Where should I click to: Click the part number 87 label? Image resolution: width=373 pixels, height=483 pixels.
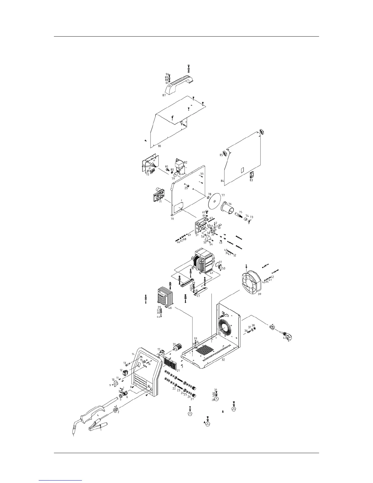[164, 95]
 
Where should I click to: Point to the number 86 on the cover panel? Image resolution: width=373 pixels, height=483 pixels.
[160, 146]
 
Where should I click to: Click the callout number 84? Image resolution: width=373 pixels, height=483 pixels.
[222, 181]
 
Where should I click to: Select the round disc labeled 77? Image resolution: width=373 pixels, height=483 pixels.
[216, 201]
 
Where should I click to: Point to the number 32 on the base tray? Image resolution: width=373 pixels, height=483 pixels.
[223, 360]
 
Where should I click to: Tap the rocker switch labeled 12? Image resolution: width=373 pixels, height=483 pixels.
[125, 372]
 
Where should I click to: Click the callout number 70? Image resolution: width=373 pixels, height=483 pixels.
[172, 219]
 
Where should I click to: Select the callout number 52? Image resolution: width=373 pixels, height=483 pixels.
[235, 255]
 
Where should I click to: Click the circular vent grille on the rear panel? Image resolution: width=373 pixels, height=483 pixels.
[226, 328]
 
